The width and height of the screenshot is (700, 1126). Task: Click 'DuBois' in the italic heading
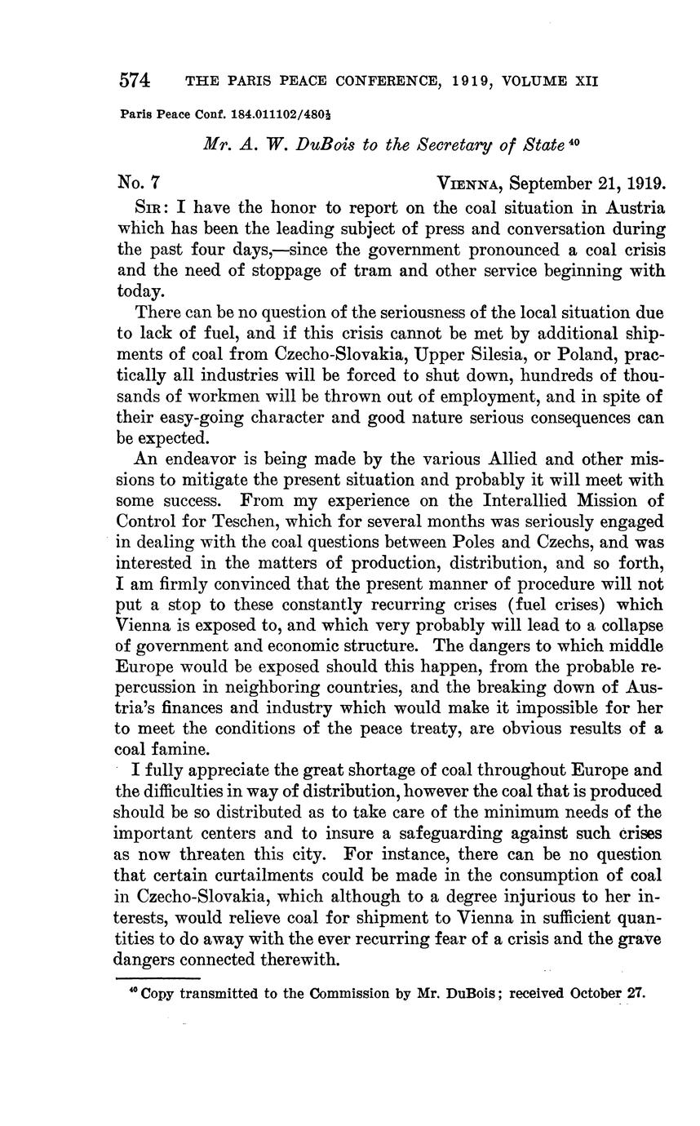pos(317,145)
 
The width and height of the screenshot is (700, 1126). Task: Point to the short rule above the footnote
pos(157,977)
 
